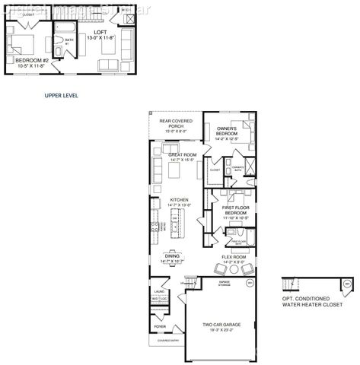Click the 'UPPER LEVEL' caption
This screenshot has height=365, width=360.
62,96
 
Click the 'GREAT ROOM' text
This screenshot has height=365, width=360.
183,154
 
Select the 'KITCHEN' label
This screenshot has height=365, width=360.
180,201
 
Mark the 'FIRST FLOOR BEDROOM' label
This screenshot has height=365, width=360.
236,209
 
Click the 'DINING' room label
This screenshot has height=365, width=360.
173,256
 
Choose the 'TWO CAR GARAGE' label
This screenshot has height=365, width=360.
218,325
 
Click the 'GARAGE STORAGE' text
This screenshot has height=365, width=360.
224,283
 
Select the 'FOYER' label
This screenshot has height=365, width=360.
160,327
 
